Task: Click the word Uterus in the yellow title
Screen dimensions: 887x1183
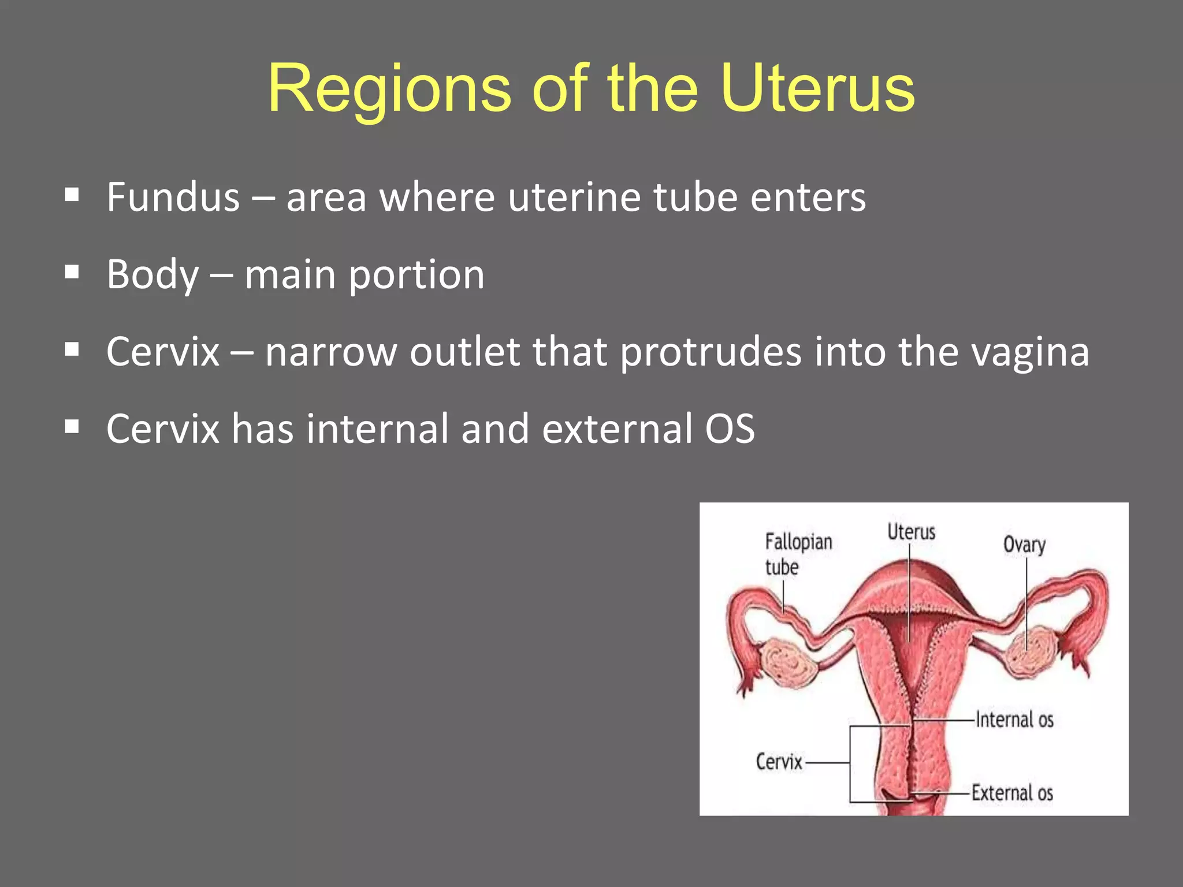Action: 817,90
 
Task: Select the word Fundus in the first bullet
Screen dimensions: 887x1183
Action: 173,197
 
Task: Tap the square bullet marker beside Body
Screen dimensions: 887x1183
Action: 72,272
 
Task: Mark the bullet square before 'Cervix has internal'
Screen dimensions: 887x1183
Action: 72,427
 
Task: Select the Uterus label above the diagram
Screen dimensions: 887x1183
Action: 911,532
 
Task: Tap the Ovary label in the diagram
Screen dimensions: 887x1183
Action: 1024,545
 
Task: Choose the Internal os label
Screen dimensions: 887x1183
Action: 1014,720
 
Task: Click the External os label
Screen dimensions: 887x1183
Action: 1012,793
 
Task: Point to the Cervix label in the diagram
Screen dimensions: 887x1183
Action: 779,762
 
